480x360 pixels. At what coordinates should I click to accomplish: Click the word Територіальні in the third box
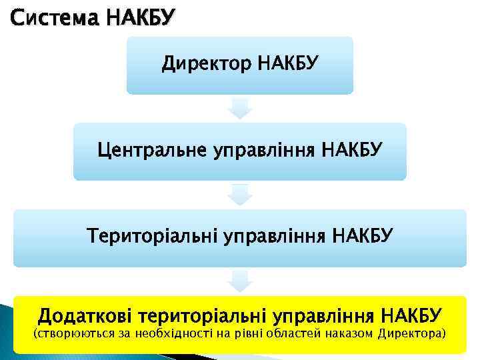pos(157,235)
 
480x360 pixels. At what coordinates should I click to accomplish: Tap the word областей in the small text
pos(297,333)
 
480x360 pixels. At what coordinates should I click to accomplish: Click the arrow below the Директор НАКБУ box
pos(239,109)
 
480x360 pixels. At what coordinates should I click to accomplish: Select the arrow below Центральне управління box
pos(239,194)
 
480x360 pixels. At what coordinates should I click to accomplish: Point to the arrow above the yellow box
pos(239,280)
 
